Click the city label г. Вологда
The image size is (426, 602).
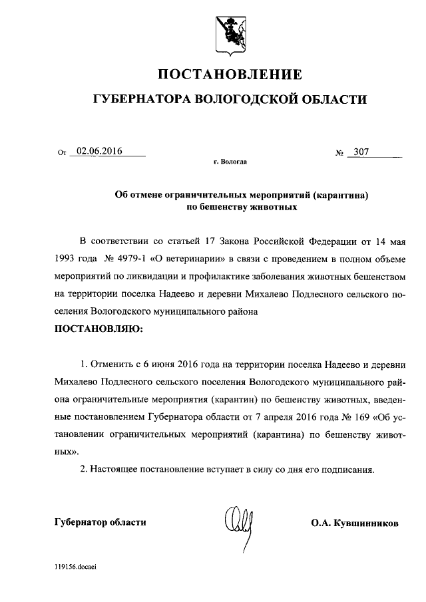pos(230,162)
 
